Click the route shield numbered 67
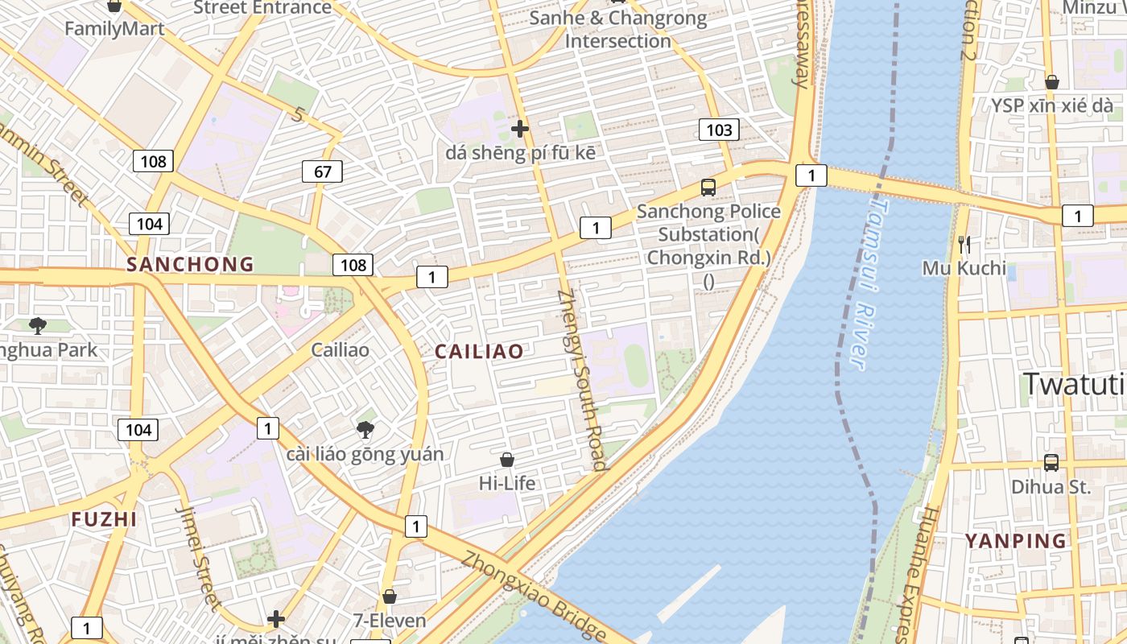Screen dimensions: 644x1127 click(323, 171)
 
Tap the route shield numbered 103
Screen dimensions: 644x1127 click(719, 130)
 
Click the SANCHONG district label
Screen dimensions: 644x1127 click(190, 264)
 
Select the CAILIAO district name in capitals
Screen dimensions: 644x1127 click(479, 351)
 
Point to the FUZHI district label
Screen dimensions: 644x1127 click(105, 519)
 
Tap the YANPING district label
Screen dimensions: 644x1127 click(1016, 540)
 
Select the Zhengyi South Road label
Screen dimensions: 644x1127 click(581, 379)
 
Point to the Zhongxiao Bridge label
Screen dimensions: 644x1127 click(533, 593)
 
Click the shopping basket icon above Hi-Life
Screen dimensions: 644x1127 click(507, 460)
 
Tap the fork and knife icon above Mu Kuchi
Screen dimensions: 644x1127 click(964, 243)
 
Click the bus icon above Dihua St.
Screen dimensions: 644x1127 click(1051, 462)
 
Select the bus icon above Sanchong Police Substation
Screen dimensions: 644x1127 click(708, 188)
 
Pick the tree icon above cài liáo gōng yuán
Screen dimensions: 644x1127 click(365, 429)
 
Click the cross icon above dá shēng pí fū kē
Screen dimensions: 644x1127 click(520, 128)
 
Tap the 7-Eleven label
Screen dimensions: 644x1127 click(390, 621)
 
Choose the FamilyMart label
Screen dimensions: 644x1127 click(114, 29)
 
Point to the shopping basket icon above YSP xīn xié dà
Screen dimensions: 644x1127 click(1051, 82)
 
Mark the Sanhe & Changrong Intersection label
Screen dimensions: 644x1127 click(618, 29)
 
